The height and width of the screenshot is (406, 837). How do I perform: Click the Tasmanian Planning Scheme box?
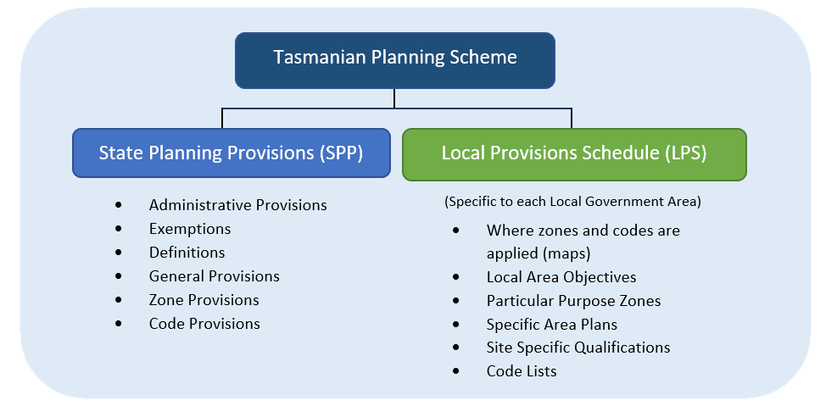(394, 58)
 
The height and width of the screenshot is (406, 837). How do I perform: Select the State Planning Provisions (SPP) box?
(231, 153)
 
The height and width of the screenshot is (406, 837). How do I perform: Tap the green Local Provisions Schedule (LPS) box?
(574, 153)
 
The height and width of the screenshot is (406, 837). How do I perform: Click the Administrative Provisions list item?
(237, 205)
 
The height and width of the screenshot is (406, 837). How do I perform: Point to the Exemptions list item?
(190, 229)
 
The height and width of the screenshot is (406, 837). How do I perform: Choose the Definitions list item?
(187, 253)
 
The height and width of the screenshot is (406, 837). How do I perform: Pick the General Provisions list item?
(214, 276)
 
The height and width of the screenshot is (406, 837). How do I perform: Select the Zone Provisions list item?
(204, 300)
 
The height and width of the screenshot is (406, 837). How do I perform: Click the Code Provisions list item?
(204, 324)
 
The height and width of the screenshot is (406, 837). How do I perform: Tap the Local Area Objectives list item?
(561, 277)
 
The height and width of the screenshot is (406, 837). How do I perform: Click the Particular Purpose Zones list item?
(573, 301)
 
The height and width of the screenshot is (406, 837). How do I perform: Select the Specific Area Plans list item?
(552, 325)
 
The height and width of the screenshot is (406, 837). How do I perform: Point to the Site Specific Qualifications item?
(578, 348)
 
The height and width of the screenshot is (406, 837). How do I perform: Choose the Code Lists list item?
(522, 371)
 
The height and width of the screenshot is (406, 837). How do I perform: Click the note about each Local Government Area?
(572, 203)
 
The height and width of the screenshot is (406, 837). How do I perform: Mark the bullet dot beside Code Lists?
(458, 371)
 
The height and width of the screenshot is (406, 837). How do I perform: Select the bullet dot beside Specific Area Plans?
(458, 325)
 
